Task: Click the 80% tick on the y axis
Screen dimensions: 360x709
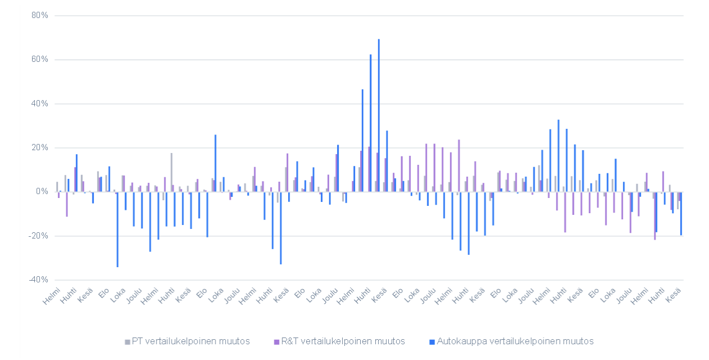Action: [40, 15]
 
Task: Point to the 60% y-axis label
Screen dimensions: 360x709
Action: [40, 59]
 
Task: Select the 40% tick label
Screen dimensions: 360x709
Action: [40, 103]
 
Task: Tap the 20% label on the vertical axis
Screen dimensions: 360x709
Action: [40, 147]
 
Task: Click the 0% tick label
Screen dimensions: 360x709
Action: [42, 192]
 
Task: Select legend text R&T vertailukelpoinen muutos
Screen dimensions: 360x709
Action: [343, 341]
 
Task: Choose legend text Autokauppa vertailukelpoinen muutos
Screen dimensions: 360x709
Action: [515, 341]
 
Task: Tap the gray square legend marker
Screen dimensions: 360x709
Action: [127, 341]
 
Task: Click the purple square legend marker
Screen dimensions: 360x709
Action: [277, 341]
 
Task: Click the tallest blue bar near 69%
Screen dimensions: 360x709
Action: [379, 115]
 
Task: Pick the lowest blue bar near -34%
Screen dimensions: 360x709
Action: [117, 229]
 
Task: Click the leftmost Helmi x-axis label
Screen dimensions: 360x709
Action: [51, 295]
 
